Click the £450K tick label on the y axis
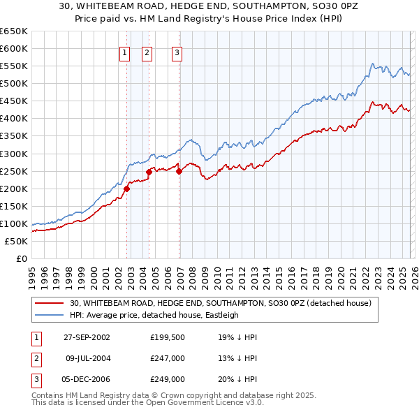pos(14,101)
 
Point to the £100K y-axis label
pos(14,223)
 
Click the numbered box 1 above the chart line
pos(124,52)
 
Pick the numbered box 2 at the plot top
pos(147,52)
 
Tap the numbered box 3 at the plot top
pos(177,52)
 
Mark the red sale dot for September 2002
pos(127,189)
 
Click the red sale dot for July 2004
pos(149,172)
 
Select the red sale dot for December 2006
pos(179,171)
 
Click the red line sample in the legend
pos(50,303)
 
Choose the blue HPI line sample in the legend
pos(50,315)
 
